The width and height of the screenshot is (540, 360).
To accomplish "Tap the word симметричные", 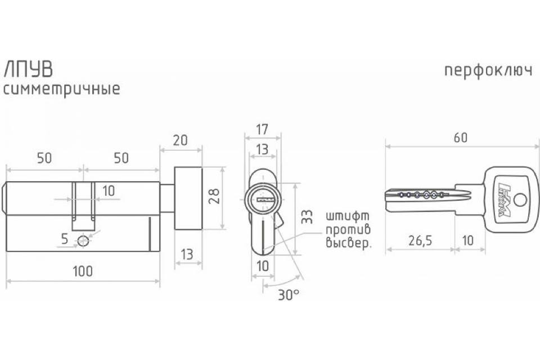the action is [x=62, y=89].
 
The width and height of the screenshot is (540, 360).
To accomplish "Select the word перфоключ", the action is [x=488, y=71].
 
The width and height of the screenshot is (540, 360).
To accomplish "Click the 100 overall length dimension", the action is [x=83, y=271].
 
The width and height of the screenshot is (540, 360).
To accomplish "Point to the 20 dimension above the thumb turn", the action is [x=180, y=140].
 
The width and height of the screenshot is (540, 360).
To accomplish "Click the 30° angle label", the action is [x=289, y=295].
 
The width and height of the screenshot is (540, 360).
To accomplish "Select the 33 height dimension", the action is [x=307, y=217].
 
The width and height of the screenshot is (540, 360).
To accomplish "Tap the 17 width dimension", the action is [x=262, y=129].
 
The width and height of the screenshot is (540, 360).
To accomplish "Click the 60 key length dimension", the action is [x=461, y=137].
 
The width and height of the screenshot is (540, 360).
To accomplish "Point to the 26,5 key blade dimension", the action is [x=420, y=240].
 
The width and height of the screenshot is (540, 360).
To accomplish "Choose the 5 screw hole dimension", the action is [x=64, y=238].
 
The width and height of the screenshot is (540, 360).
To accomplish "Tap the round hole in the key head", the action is [x=520, y=200].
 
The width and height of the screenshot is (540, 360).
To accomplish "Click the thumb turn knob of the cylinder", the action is [x=188, y=199].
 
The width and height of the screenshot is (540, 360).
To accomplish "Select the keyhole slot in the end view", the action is [x=264, y=199].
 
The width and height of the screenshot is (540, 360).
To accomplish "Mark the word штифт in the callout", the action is [x=348, y=217].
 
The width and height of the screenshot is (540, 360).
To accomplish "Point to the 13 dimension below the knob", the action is [x=187, y=255].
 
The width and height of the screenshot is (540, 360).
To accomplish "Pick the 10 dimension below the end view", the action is [x=263, y=266].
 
